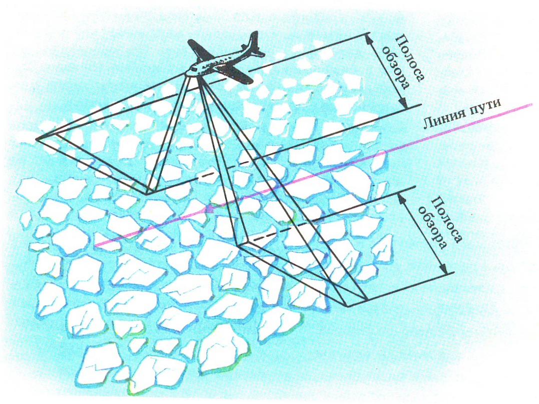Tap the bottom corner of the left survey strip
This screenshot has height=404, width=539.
point(147,193)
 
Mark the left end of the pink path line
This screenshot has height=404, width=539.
point(96,246)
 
